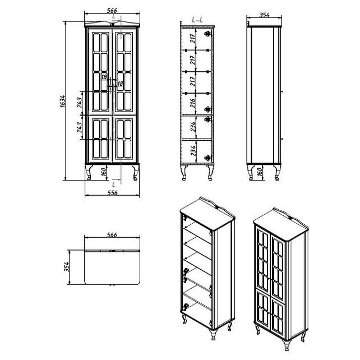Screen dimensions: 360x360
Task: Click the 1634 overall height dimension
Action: [x=63, y=101]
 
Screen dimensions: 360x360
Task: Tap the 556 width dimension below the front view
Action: [x=113, y=193]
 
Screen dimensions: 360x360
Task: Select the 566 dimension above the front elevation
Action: [x=112, y=11]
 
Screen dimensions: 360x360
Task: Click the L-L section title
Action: [x=197, y=20]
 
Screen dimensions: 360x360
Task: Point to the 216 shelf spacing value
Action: [x=192, y=103]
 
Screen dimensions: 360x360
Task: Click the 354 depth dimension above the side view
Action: [x=264, y=15]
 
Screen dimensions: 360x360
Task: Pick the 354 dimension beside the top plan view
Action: [x=67, y=267]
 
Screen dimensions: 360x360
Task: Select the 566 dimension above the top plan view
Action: [x=112, y=235]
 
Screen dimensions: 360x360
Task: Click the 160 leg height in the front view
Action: [x=104, y=172]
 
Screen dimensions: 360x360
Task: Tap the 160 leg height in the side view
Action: [x=259, y=172]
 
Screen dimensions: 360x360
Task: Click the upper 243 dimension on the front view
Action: [x=79, y=103]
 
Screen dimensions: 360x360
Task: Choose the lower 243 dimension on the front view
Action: [x=79, y=127]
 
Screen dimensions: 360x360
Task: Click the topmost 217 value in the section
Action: [x=193, y=38]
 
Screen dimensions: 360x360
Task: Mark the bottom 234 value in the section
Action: [x=193, y=151]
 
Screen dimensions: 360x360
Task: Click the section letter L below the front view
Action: [x=114, y=184]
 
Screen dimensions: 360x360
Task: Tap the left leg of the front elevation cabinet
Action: [x=89, y=172]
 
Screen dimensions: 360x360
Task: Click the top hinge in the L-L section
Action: [x=208, y=34]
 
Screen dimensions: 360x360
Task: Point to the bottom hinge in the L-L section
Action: [x=208, y=158]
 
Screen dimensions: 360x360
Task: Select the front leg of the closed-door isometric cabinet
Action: [x=286, y=344]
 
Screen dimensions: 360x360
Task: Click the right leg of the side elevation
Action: [x=277, y=172]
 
